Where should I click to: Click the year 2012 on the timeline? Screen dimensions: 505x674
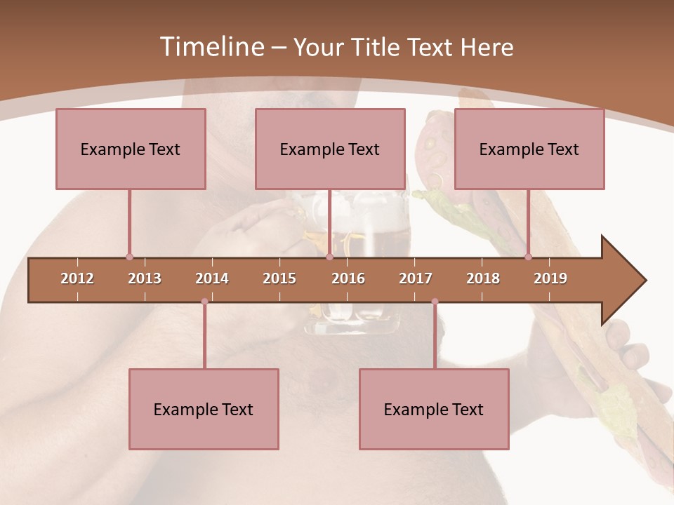[x=77, y=278]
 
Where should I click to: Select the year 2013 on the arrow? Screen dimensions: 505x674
[x=145, y=278]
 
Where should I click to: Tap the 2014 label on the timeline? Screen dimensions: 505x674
[x=212, y=278]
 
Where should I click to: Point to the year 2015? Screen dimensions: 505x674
[x=279, y=278]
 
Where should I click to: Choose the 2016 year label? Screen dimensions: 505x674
[x=348, y=278]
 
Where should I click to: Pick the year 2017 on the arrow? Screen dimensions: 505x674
[x=416, y=278]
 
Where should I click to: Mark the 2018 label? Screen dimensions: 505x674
[x=483, y=278]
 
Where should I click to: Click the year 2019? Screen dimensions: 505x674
[x=550, y=278]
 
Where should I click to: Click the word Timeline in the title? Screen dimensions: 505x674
[x=211, y=47]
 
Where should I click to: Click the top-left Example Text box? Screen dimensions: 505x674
[x=131, y=149]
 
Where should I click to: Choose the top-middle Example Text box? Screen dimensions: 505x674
[x=330, y=149]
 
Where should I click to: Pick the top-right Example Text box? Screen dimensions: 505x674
[x=529, y=149]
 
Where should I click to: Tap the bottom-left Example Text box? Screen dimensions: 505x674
[x=204, y=409]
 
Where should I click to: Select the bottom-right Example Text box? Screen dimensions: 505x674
[x=434, y=409]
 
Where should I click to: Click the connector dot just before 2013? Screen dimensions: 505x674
[x=129, y=257]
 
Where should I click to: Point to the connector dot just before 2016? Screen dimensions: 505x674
[x=330, y=257]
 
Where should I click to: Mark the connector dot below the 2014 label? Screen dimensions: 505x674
[x=204, y=302]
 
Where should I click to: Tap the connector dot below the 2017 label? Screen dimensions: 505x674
[x=435, y=302]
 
